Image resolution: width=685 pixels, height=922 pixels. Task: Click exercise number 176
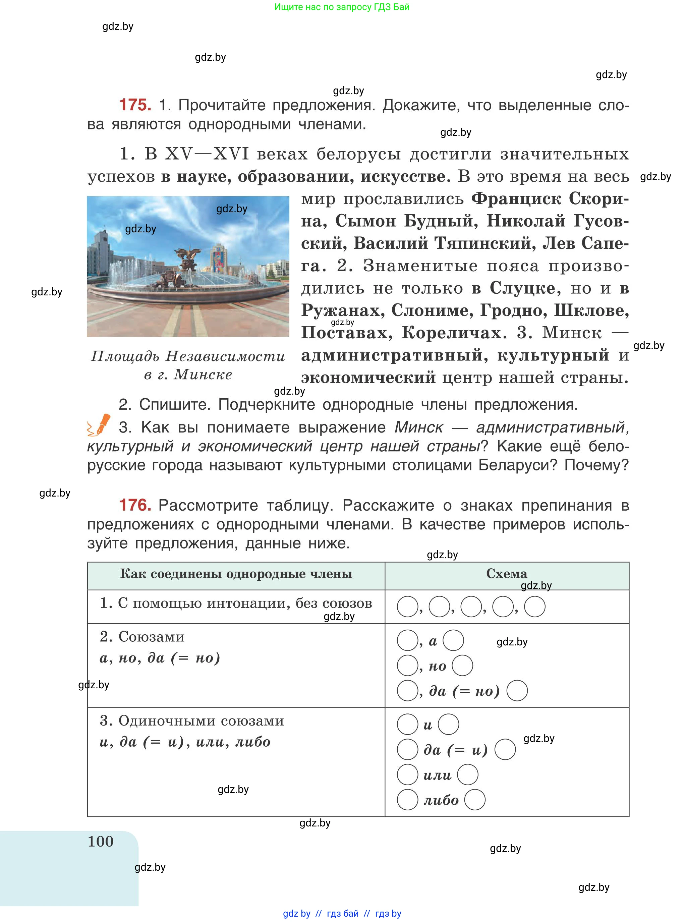135,505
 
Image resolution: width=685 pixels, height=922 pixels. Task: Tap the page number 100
100,841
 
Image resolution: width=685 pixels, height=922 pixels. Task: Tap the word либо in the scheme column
441,800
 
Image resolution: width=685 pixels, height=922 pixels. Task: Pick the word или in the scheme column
437,775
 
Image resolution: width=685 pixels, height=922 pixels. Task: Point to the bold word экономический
368,378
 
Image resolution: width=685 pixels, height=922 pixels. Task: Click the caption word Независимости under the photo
226,356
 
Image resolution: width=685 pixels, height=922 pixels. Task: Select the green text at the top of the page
342,7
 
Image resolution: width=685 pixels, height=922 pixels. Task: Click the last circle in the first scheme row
534,607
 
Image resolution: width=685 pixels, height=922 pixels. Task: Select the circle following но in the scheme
462,666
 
